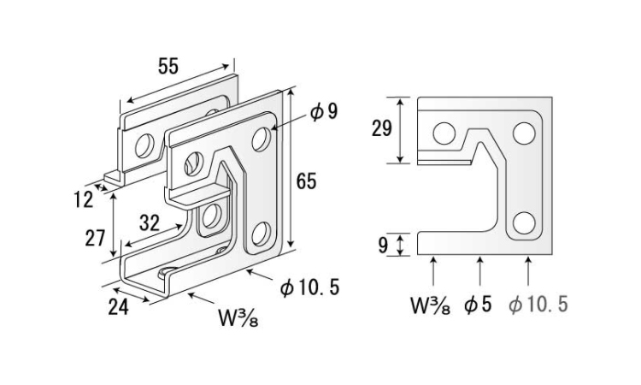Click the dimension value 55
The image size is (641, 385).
coord(168,67)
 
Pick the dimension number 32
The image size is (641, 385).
coord(149,224)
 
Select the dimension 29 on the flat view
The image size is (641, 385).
coord(382,129)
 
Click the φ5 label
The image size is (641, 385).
coord(479,304)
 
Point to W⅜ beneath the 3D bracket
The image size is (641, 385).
coord(237,319)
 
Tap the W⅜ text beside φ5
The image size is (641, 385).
coord(431,304)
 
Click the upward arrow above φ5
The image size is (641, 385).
coord(479,272)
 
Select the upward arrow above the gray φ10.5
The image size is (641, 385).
coord(530,272)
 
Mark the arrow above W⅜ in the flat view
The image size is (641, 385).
coord(433,272)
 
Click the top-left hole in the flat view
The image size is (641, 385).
coord(443,133)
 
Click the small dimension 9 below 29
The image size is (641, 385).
coord(382,246)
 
